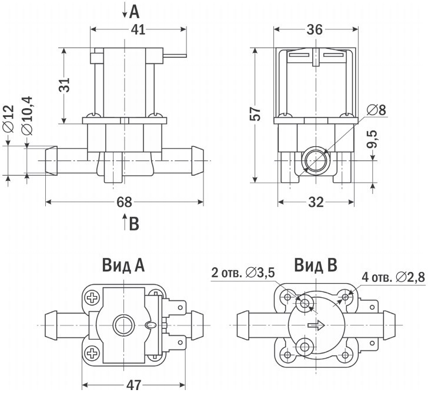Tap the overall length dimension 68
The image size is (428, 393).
pos(124,202)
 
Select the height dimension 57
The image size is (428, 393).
pos(255,114)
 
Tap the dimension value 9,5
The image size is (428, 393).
pos(372,142)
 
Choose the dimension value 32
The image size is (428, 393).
pos(316,202)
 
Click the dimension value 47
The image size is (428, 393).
pos(135,385)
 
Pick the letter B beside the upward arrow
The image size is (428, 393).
pos(134,223)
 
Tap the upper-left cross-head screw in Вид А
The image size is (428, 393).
pos(93,298)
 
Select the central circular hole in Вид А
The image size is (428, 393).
pos(123,324)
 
